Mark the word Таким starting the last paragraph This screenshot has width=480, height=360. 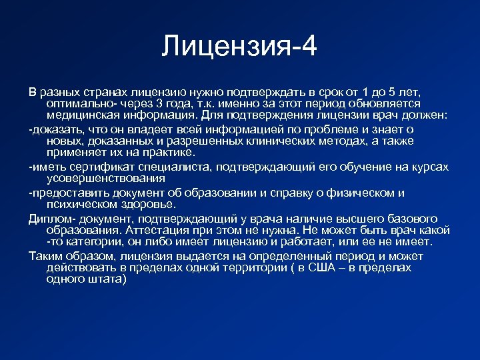point(45,257)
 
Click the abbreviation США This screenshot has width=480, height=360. point(315,267)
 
